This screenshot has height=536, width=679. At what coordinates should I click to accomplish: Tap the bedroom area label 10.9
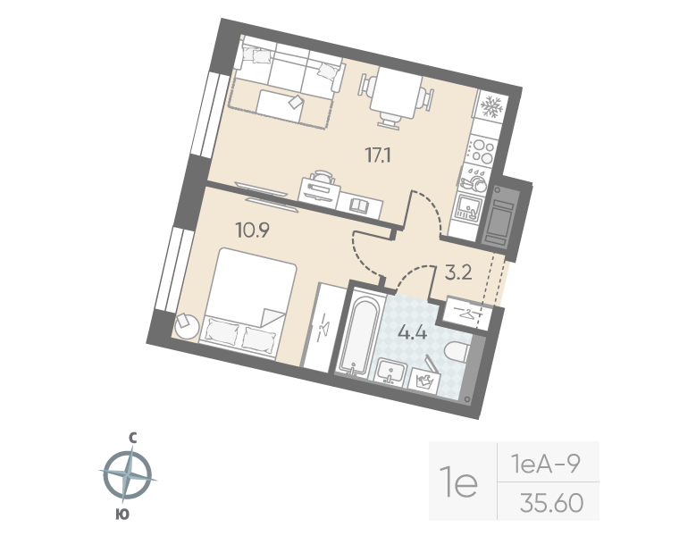pyautogui.click(x=254, y=228)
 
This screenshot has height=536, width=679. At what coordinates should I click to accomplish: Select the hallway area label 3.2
pyautogui.click(x=458, y=273)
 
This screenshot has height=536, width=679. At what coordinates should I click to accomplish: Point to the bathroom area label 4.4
pyautogui.click(x=411, y=335)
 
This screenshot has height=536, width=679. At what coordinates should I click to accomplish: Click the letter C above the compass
pyautogui.click(x=132, y=438)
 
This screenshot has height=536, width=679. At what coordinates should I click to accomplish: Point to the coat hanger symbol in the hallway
pyautogui.click(x=467, y=313)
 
